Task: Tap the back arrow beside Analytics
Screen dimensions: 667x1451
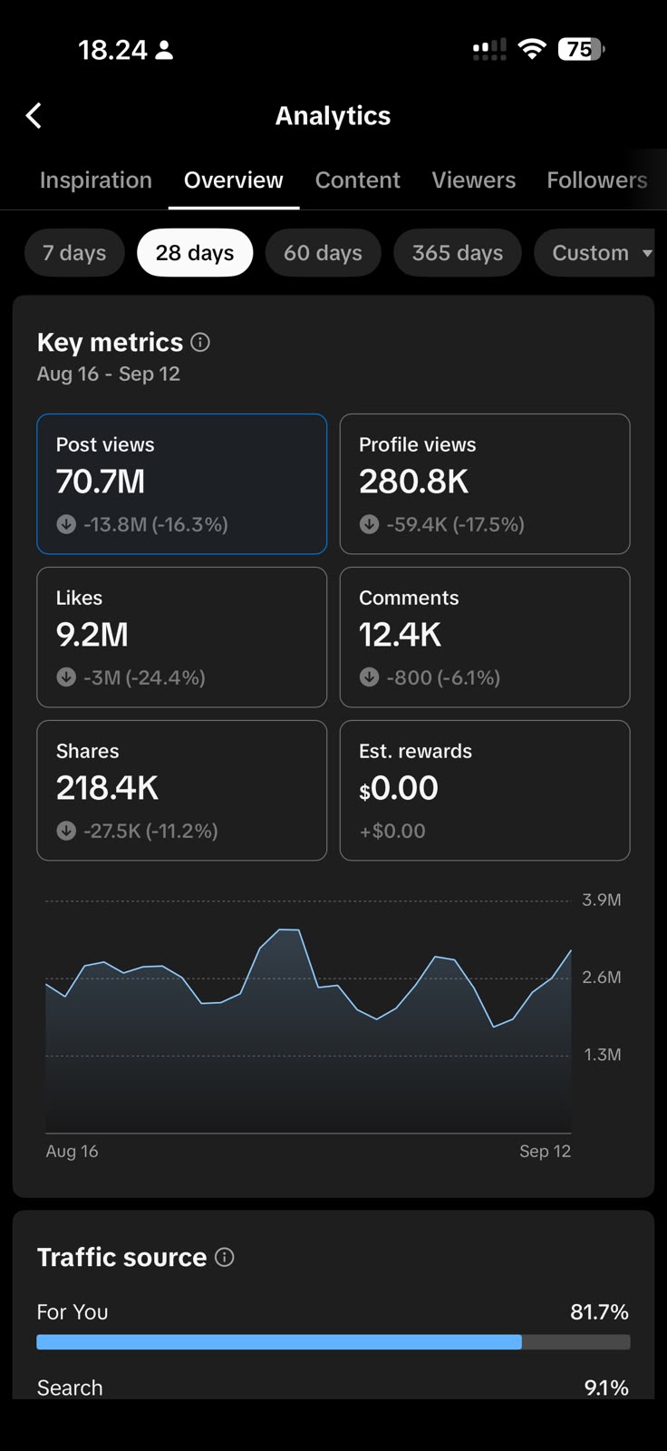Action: click(34, 116)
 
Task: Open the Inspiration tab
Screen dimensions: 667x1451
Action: click(96, 180)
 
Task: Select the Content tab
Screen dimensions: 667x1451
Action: click(357, 180)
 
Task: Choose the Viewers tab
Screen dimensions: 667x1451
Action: click(473, 180)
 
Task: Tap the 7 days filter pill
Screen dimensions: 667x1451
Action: click(74, 253)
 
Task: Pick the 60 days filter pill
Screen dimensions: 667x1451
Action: click(324, 253)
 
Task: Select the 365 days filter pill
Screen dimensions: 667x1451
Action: click(457, 253)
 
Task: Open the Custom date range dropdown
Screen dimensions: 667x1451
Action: click(594, 253)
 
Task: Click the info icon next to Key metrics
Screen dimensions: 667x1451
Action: click(200, 342)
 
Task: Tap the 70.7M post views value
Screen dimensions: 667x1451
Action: click(101, 482)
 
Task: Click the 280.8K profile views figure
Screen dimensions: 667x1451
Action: click(413, 482)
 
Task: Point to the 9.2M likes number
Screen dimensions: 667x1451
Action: click(92, 634)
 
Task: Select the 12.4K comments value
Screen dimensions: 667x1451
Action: click(400, 634)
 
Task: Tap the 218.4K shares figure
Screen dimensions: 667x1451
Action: click(107, 788)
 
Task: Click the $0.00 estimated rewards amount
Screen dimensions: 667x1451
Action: click(398, 788)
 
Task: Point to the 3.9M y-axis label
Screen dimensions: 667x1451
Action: click(602, 900)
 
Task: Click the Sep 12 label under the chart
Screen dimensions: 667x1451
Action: click(546, 1151)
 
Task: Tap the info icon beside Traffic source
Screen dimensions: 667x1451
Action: click(224, 1257)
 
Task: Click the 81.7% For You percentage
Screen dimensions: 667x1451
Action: click(599, 1311)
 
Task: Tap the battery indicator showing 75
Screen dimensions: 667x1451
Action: click(582, 49)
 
